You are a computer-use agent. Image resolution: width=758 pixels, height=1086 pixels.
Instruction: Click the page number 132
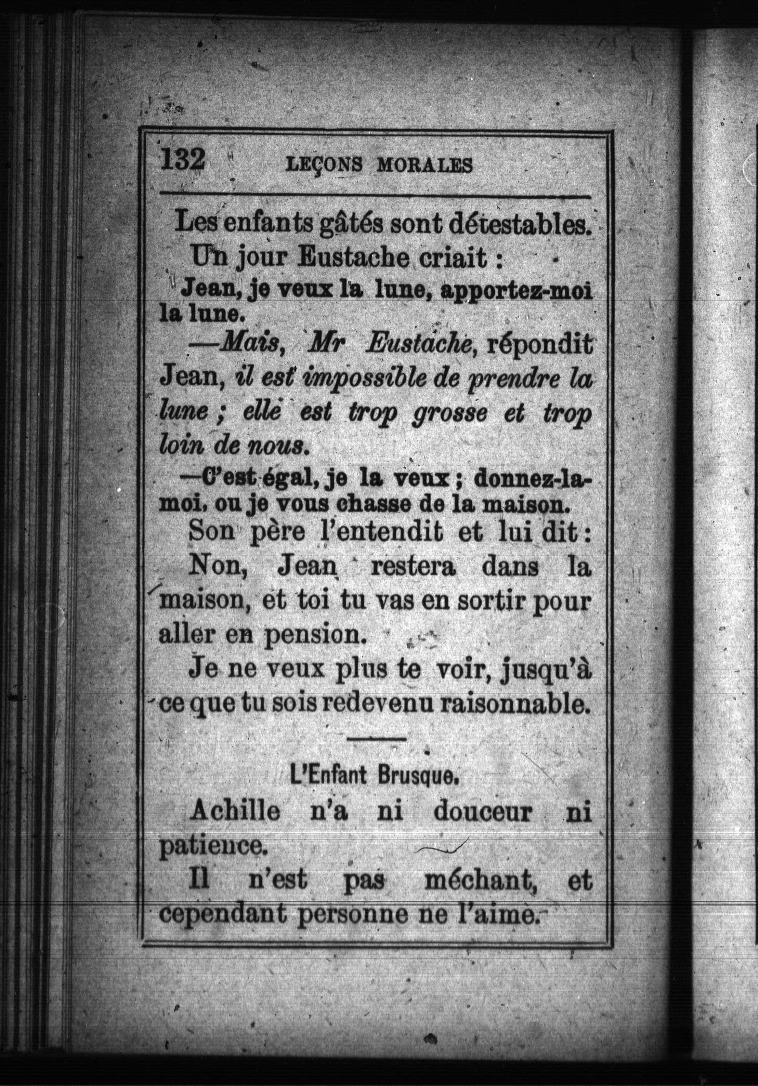(183, 159)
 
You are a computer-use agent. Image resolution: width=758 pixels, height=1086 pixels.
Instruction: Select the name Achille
(235, 812)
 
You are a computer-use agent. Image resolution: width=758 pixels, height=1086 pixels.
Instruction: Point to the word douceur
(483, 812)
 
